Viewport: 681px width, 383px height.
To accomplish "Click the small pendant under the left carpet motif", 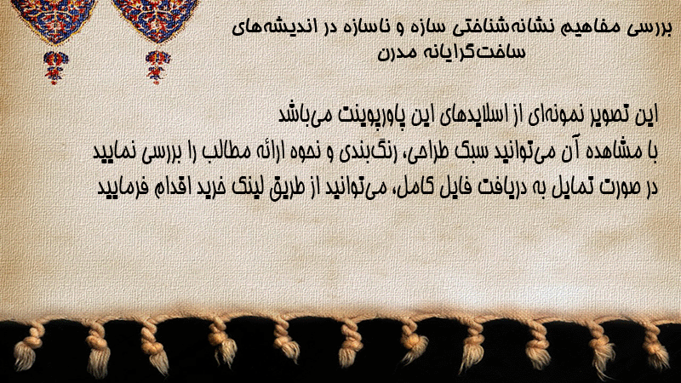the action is coord(55,67).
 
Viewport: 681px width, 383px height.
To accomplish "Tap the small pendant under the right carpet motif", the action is coord(157,67).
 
